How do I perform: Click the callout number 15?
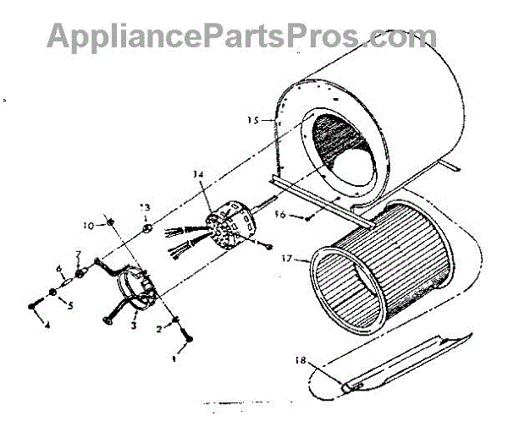251,120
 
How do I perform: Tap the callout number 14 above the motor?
198,175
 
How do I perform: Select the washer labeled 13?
146,227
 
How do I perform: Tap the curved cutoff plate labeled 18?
398,364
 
